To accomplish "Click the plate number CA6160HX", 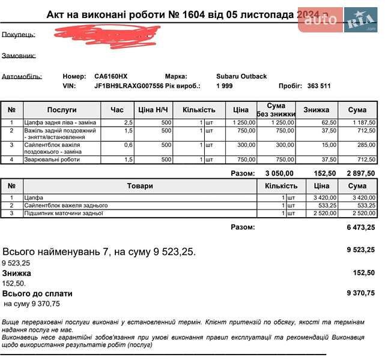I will click(x=111, y=76).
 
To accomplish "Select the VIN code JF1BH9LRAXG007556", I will click(x=129, y=86).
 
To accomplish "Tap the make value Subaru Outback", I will click(x=241, y=76).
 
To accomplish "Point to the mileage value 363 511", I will click(x=319, y=86).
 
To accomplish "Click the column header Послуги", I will click(x=62, y=110).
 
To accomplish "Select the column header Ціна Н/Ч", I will click(x=154, y=110).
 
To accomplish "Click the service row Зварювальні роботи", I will click(x=52, y=160).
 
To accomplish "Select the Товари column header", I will click(x=140, y=186).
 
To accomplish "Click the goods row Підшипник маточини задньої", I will click(x=64, y=213).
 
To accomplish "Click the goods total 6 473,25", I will click(x=360, y=227).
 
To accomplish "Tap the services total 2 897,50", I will click(x=360, y=173).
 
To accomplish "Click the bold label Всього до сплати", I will click(x=37, y=293).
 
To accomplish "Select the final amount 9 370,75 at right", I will click(x=360, y=293).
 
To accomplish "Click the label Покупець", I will click(x=18, y=34).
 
